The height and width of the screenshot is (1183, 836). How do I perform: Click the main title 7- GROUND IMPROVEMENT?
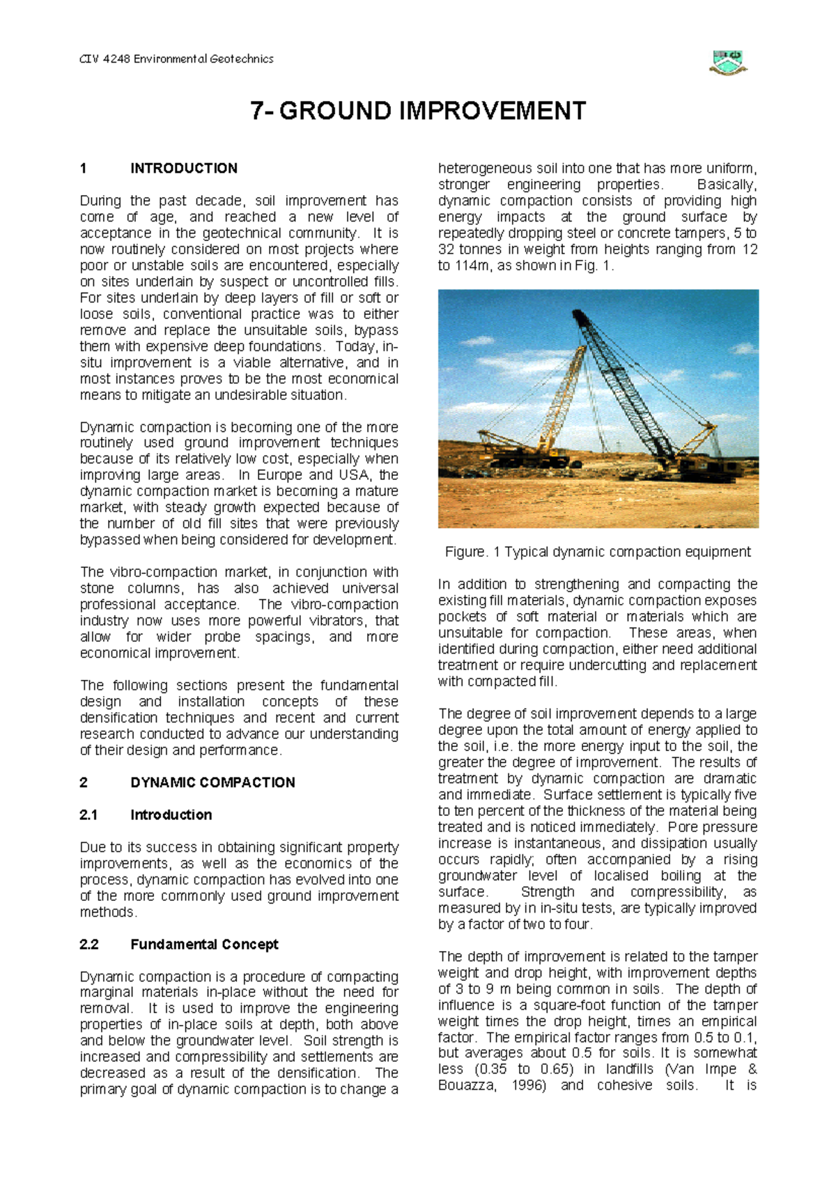coord(418,111)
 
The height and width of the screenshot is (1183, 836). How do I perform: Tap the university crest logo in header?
coord(728,62)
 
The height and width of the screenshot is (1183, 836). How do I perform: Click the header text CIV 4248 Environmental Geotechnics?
coord(176,59)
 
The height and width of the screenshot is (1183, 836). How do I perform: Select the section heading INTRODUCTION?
coord(184,168)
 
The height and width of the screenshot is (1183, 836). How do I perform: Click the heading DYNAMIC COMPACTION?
coord(212,782)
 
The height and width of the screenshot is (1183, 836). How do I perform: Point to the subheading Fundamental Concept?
coord(204,944)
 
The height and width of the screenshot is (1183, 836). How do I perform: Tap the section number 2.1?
coord(88,814)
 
